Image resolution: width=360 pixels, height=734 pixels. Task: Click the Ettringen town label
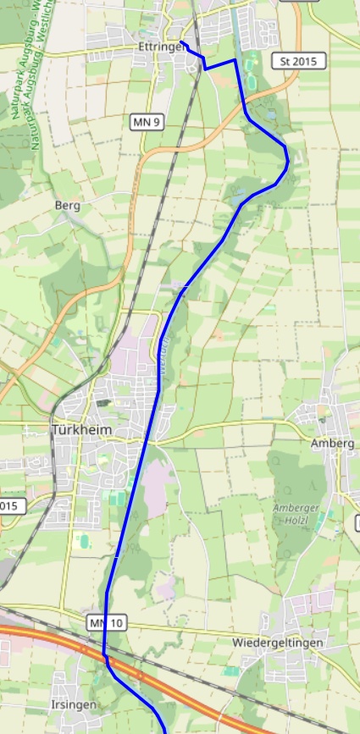click(x=161, y=47)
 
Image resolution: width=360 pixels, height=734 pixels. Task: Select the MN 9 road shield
click(x=147, y=123)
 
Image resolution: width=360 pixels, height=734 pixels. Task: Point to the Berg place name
click(x=67, y=205)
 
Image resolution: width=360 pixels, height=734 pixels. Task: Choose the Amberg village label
click(x=332, y=443)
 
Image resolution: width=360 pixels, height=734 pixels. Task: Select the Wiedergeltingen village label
click(x=277, y=643)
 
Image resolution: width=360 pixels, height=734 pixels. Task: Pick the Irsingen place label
click(x=75, y=704)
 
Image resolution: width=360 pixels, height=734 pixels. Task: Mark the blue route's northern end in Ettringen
click(x=181, y=41)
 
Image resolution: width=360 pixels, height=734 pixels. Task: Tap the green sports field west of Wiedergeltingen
click(x=231, y=671)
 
